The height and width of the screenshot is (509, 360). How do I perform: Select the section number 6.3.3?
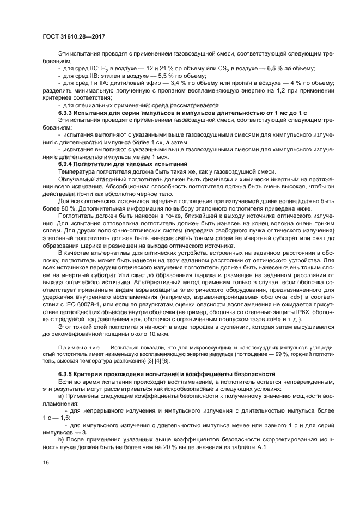(x=67, y=112)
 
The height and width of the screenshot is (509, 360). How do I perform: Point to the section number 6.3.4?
(x=67, y=164)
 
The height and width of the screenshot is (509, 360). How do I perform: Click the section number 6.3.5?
(x=67, y=375)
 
